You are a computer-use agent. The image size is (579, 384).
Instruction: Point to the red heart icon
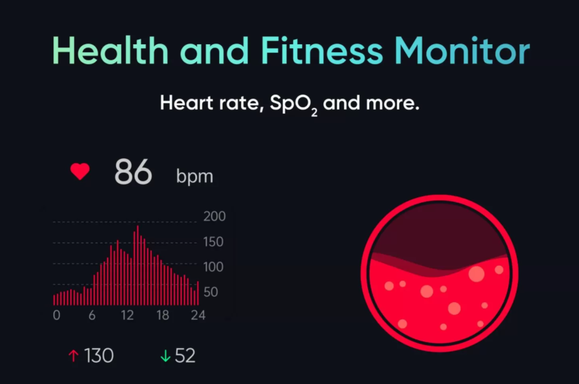click(80, 172)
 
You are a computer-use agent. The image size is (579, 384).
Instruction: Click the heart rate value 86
click(133, 172)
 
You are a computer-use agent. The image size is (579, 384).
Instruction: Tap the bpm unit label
click(194, 177)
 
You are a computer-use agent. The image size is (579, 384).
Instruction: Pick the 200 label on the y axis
click(214, 217)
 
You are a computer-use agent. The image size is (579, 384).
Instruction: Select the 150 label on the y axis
click(214, 242)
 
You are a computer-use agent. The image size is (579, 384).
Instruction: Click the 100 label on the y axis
click(214, 267)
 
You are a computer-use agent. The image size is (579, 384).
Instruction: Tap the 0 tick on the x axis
click(56, 316)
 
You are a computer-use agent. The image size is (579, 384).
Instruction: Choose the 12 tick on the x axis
click(127, 316)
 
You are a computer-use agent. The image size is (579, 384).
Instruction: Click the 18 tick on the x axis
click(163, 316)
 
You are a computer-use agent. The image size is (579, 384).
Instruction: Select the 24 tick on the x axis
click(198, 316)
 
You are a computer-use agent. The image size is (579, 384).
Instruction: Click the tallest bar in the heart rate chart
click(137, 263)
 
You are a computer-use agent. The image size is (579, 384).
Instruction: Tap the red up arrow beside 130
click(73, 355)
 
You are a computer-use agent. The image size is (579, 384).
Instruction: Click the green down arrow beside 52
click(165, 355)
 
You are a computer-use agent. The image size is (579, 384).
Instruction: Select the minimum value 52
click(185, 355)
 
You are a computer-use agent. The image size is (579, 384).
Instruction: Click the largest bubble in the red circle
click(476, 274)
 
